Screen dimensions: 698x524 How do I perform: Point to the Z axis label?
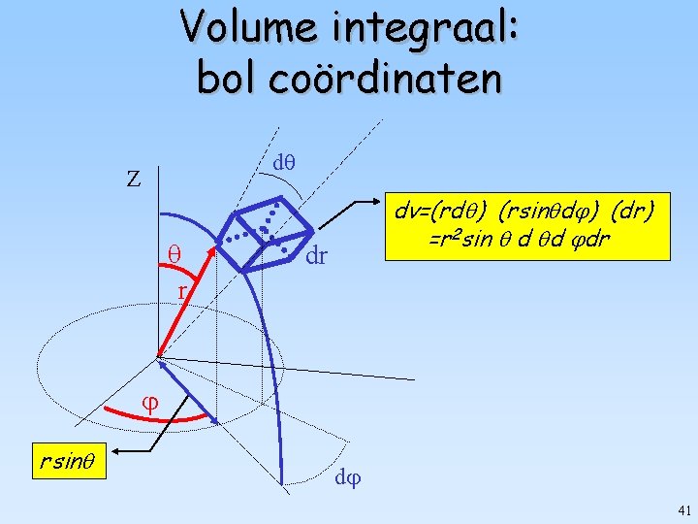134,180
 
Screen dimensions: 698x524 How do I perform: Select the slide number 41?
682,509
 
